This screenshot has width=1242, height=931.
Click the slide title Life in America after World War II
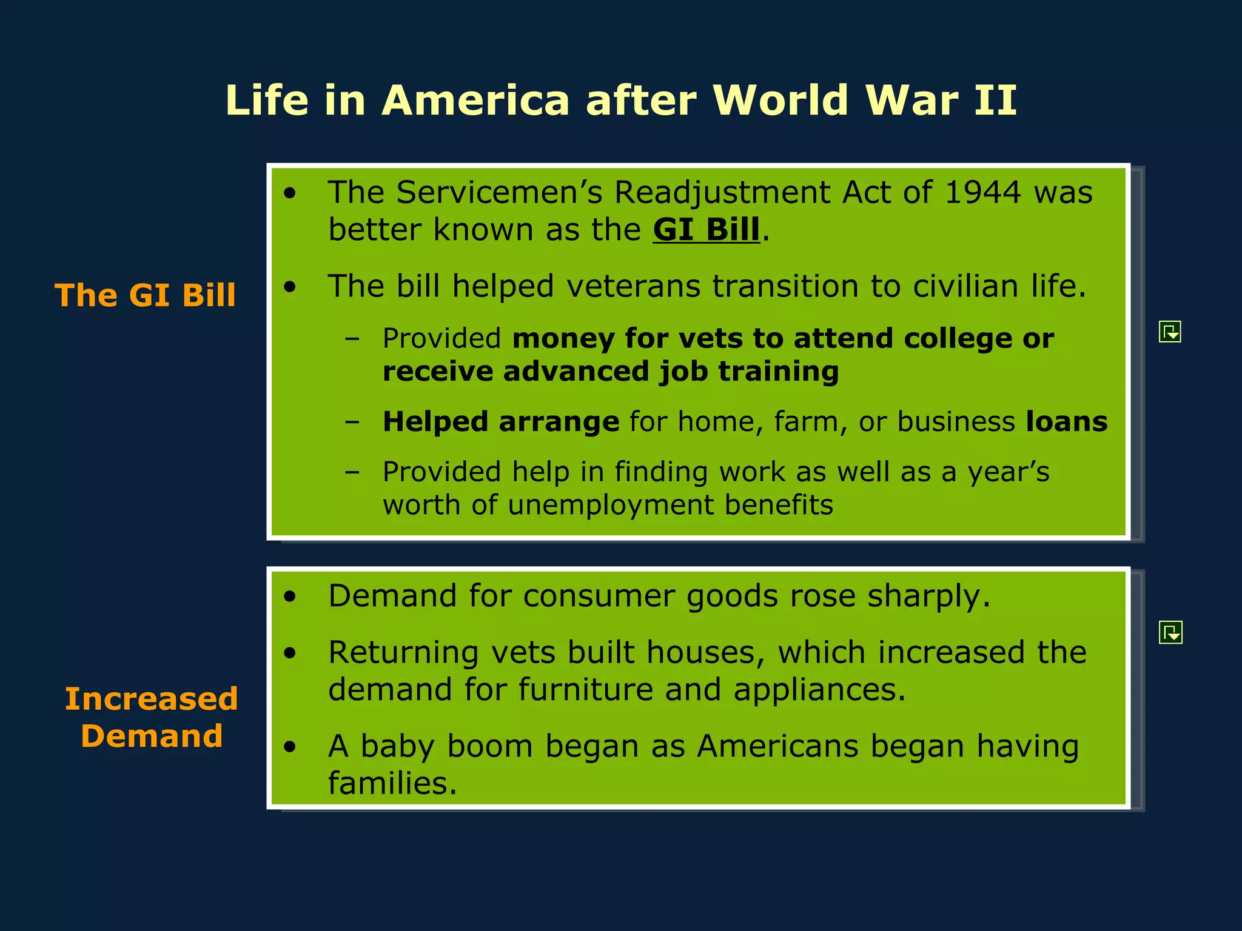coord(620,100)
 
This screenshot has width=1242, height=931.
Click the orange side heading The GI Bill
coord(145,296)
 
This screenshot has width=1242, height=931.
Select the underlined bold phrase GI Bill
coord(706,230)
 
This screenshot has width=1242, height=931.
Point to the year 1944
coord(982,193)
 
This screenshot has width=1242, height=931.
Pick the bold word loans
coord(1066,422)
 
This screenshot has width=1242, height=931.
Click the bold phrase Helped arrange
coord(501,422)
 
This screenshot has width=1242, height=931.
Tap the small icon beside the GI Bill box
coord(1170,332)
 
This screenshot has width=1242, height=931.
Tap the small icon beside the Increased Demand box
coord(1170,632)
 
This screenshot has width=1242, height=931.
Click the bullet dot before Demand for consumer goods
coord(290,597)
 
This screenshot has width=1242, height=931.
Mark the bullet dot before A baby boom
coord(290,747)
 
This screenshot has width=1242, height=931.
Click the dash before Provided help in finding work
coord(352,472)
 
